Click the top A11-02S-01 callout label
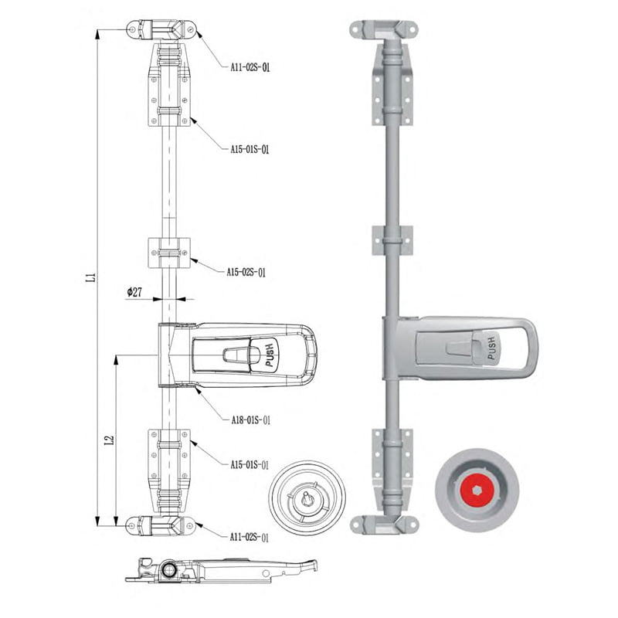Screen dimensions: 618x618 250,67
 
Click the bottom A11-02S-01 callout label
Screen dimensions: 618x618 250,537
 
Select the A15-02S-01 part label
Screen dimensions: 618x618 246,273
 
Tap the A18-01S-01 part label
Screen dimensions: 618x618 251,419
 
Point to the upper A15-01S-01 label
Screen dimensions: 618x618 250,149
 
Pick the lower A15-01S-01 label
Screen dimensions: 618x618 250,465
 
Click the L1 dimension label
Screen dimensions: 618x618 91,277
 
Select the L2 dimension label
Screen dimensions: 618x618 110,440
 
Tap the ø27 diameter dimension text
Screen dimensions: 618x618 134,292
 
